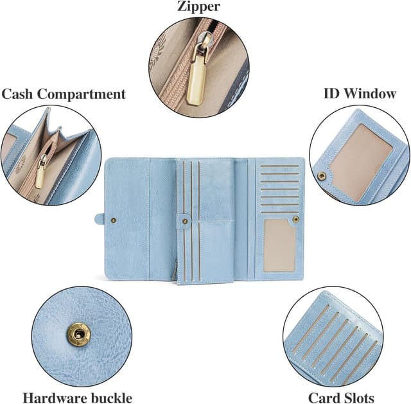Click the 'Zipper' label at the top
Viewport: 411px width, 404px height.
point(198,7)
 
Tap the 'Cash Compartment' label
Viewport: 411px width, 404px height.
point(64,94)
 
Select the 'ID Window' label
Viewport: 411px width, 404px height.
point(359,93)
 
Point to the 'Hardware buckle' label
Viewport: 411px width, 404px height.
point(77,398)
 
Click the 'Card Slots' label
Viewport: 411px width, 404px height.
point(341,398)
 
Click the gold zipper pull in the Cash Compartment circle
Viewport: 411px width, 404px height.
point(40,173)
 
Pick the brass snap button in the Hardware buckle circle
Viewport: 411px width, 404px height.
point(78,333)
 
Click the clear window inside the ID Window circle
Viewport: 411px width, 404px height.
point(361,161)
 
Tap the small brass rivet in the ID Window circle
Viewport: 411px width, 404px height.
point(321,175)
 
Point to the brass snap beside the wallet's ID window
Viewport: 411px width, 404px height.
point(295,219)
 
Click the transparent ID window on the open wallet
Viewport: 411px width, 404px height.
point(279,246)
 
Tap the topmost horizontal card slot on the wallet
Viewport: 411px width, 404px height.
point(280,166)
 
